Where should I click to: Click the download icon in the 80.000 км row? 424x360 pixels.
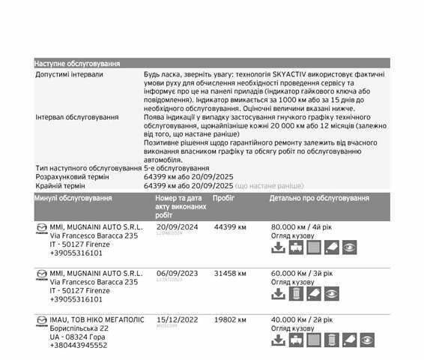coord(277,247)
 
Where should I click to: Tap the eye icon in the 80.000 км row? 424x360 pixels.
coord(350,247)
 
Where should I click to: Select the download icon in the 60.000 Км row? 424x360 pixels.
coord(277,293)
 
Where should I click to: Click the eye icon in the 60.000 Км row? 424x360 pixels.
coord(332,293)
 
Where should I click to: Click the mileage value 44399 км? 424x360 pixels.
coord(230,226)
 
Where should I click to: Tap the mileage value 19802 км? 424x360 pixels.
coord(230,319)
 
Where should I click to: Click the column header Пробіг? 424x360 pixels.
coord(224,198)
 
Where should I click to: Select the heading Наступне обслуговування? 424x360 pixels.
coord(77,64)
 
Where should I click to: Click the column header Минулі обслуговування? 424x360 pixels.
coord(73,198)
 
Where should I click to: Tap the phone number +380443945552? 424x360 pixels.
coord(79,346)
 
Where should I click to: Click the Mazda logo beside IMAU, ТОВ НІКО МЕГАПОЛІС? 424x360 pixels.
coord(41,319)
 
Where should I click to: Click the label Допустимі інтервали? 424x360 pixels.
coord(70,75)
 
